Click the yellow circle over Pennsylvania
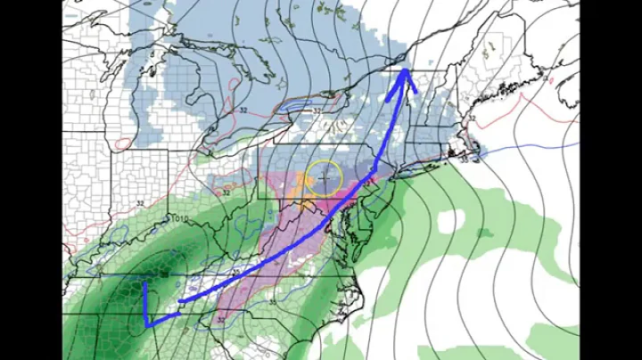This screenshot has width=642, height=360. [x=323, y=178]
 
